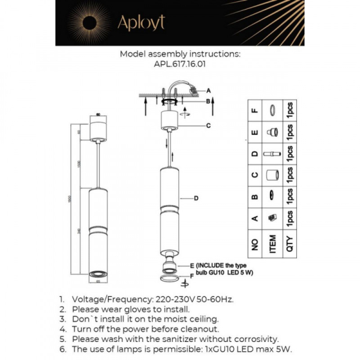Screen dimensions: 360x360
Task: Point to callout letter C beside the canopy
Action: point(208,125)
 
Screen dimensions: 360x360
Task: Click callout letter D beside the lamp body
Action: point(196,198)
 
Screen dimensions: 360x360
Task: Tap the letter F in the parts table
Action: point(255,110)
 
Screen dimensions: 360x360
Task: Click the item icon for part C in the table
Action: point(272,175)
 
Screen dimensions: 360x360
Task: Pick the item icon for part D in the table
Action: point(272,154)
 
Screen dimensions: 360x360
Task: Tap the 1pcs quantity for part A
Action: point(289,217)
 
